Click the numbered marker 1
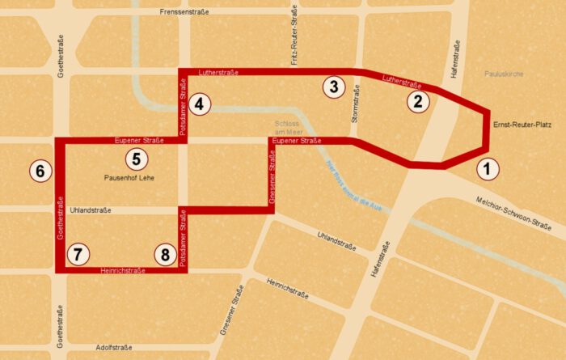pyautogui.click(x=487, y=169)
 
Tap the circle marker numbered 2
pyautogui.click(x=417, y=101)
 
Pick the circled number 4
pyautogui.click(x=201, y=103)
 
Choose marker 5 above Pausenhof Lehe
pyautogui.click(x=137, y=159)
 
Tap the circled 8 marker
pyautogui.click(x=165, y=255)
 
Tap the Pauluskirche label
pyautogui.click(x=505, y=74)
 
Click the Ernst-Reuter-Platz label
pyautogui.click(x=522, y=125)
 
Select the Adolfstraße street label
pyautogui.click(x=114, y=346)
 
